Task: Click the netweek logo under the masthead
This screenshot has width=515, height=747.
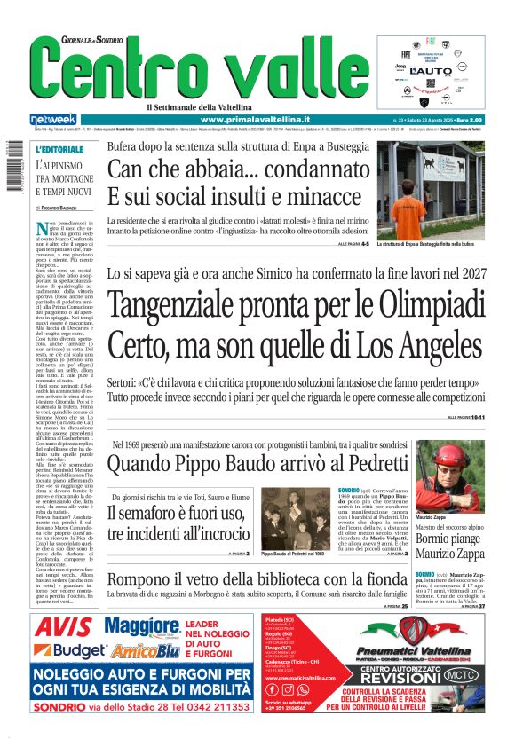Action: tap(53, 119)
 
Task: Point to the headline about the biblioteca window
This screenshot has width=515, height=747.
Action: tap(257, 605)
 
